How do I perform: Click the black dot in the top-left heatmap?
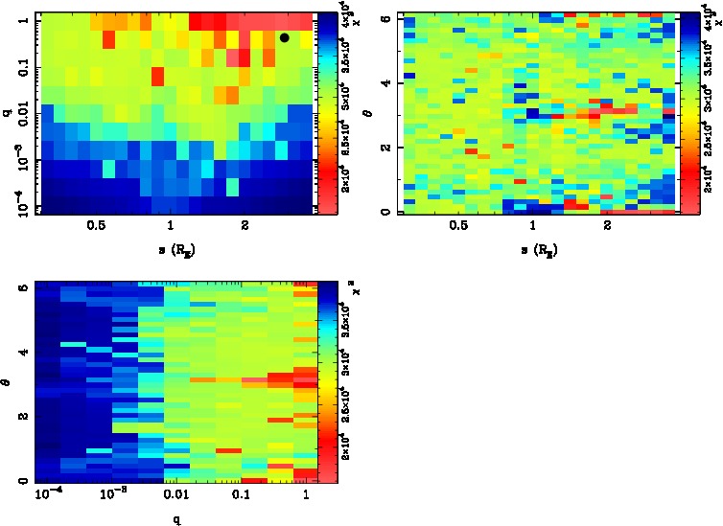click(285, 37)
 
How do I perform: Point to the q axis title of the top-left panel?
click(7, 113)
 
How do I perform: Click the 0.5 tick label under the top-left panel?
click(95, 228)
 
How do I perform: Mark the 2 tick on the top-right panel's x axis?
click(607, 228)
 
